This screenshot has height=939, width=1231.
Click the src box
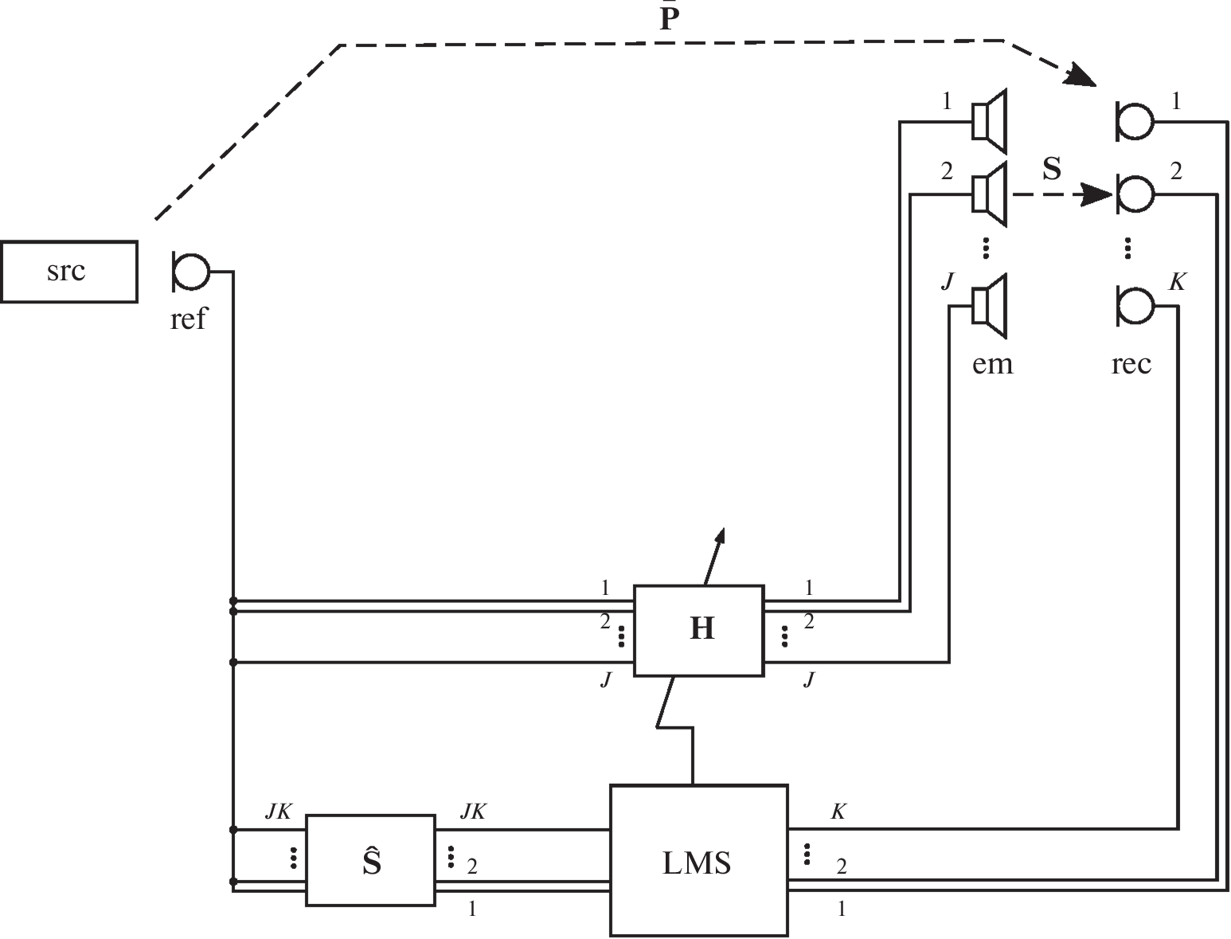68,272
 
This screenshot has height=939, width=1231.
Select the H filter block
698,630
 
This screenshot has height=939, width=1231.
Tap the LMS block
698,860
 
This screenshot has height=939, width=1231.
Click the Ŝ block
370,860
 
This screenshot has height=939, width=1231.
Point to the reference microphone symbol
190,272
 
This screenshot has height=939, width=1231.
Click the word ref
188,319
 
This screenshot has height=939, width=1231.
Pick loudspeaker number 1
990,121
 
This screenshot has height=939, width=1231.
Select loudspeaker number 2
990,194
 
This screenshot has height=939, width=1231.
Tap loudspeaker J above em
990,305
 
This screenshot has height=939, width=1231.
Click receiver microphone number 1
1134,121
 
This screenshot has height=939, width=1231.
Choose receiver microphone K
1134,305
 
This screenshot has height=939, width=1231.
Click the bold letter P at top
669,19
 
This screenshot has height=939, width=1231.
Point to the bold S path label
1052,169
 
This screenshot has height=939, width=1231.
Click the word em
992,364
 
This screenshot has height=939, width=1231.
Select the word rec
1131,364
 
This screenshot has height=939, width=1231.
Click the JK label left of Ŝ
279,812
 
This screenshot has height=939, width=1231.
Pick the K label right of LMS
838,812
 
